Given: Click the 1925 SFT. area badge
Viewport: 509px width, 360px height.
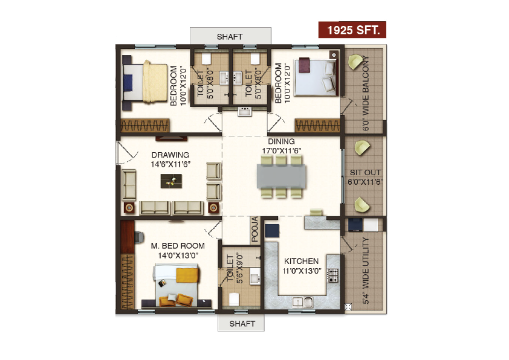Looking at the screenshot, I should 352,30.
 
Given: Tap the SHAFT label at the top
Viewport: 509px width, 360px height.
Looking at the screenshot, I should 230,37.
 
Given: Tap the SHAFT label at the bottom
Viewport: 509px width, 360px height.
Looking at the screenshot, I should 241,324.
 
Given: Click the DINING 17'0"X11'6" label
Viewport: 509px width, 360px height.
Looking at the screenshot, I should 281,146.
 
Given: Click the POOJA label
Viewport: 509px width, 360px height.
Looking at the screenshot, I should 254,228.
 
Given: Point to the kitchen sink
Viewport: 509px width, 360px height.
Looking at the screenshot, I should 301,301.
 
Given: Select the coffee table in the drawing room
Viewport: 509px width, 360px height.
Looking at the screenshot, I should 170,180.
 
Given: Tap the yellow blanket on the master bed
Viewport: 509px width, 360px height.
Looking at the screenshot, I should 187,275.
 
